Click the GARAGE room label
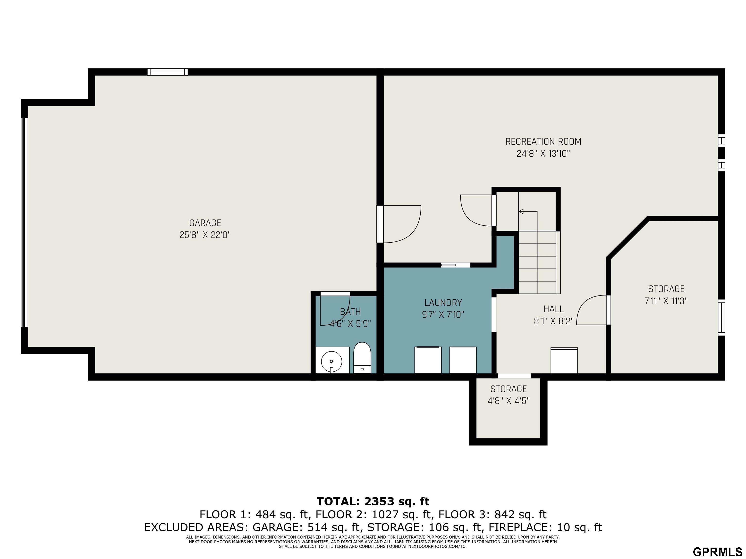(205, 223)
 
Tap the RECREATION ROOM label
(543, 141)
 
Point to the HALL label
(553, 309)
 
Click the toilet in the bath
(362, 358)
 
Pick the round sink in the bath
(331, 362)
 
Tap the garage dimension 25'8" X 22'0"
(205, 235)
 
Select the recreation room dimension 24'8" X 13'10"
(543, 154)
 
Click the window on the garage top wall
(168, 72)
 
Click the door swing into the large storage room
(592, 310)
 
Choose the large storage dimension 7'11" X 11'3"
(666, 301)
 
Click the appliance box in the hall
(564, 361)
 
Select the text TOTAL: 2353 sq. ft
(373, 501)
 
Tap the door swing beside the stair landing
(476, 211)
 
